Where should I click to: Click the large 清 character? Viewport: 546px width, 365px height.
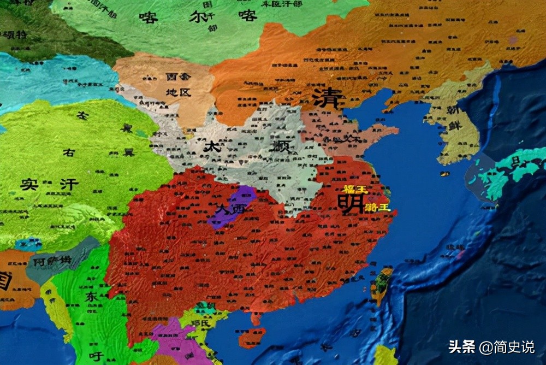point(328,99)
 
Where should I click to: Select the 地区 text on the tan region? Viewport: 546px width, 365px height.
point(179,92)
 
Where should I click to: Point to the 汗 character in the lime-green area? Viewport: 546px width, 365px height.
point(69,185)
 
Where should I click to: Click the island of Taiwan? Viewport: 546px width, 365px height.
point(382,285)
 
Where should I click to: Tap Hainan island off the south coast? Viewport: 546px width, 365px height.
point(252,337)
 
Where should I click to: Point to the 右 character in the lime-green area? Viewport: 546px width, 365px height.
point(69,153)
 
